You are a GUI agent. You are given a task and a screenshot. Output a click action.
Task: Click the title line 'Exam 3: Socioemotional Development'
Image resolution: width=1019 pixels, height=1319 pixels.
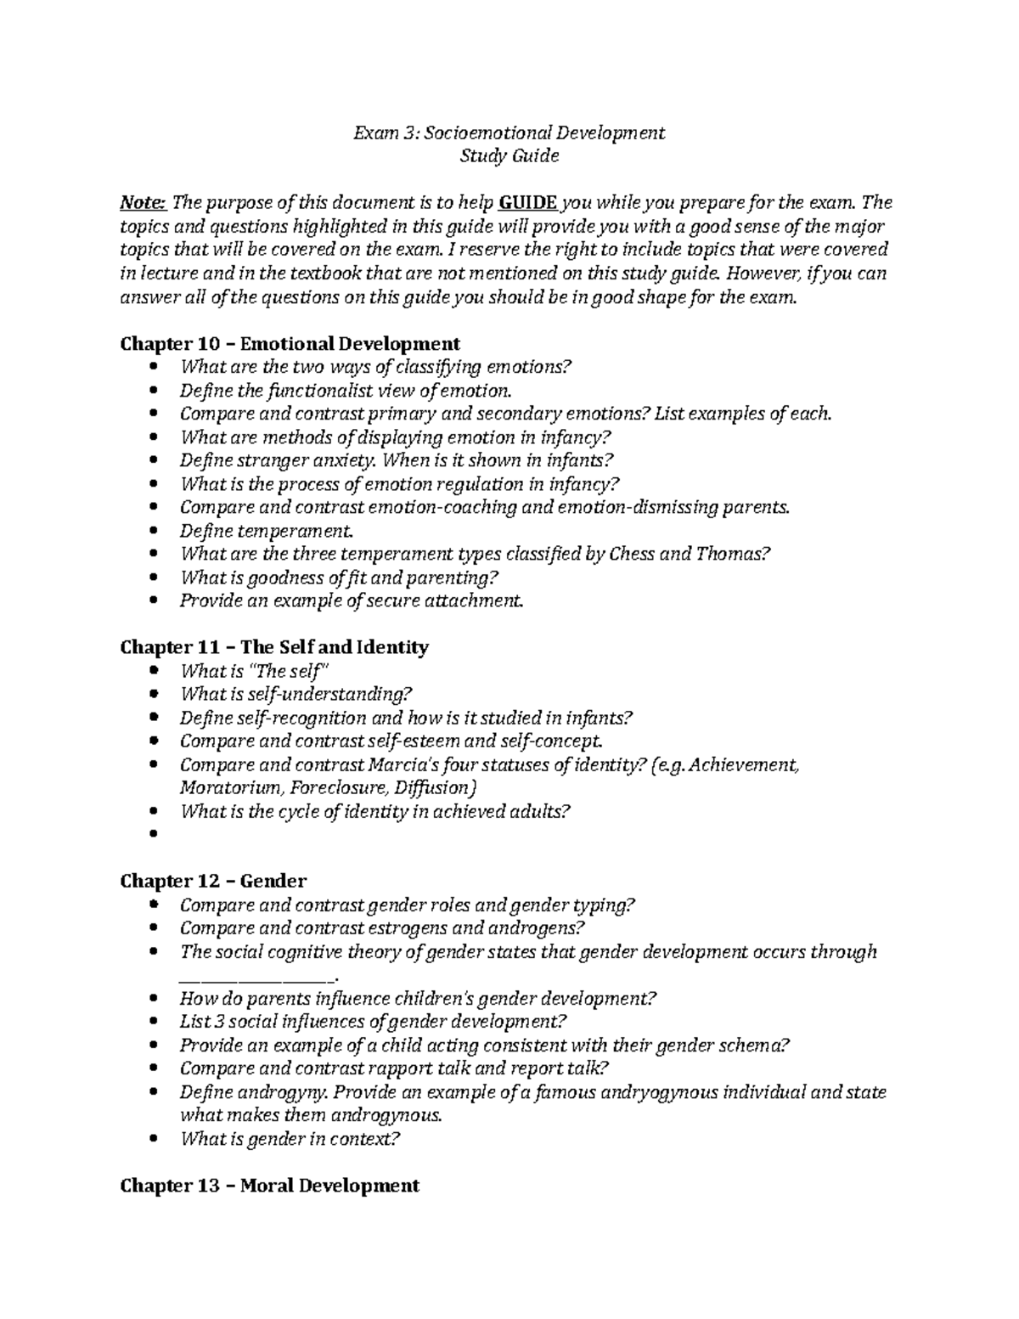pyautogui.click(x=509, y=132)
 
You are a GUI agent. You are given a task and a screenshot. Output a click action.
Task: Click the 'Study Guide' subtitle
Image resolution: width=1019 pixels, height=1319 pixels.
pyautogui.click(x=509, y=156)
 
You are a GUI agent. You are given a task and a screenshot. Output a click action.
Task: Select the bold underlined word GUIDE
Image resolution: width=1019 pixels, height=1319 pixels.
pyautogui.click(x=527, y=203)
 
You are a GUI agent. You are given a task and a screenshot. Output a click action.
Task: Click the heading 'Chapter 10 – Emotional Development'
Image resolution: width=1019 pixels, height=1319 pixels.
pyautogui.click(x=290, y=343)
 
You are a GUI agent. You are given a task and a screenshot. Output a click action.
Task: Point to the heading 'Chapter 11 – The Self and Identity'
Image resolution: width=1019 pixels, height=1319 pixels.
pyautogui.click(x=274, y=647)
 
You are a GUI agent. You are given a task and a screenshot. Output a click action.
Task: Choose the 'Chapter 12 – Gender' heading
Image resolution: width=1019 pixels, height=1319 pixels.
pyautogui.click(x=213, y=881)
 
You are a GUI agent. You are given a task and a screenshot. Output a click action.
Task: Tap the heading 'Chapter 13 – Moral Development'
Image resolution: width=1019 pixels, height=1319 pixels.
pyautogui.click(x=269, y=1185)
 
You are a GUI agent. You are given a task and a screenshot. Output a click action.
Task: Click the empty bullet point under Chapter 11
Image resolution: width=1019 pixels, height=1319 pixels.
pyautogui.click(x=153, y=834)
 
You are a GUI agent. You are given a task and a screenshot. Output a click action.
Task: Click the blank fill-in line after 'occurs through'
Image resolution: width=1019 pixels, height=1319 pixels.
pyautogui.click(x=259, y=976)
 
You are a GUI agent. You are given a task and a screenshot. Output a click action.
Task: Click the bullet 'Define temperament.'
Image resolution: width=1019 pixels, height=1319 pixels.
pyautogui.click(x=266, y=531)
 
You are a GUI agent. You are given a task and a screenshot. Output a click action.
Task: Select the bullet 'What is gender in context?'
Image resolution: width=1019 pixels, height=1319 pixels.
pyautogui.click(x=289, y=1139)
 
